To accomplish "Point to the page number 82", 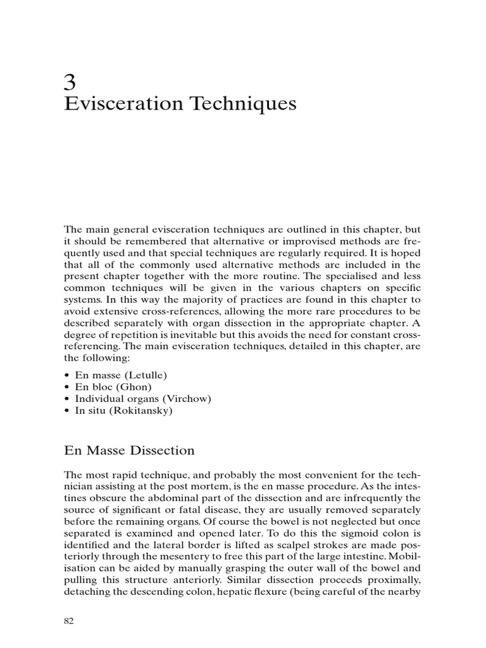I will (70, 621).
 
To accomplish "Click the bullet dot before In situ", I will (68, 410).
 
